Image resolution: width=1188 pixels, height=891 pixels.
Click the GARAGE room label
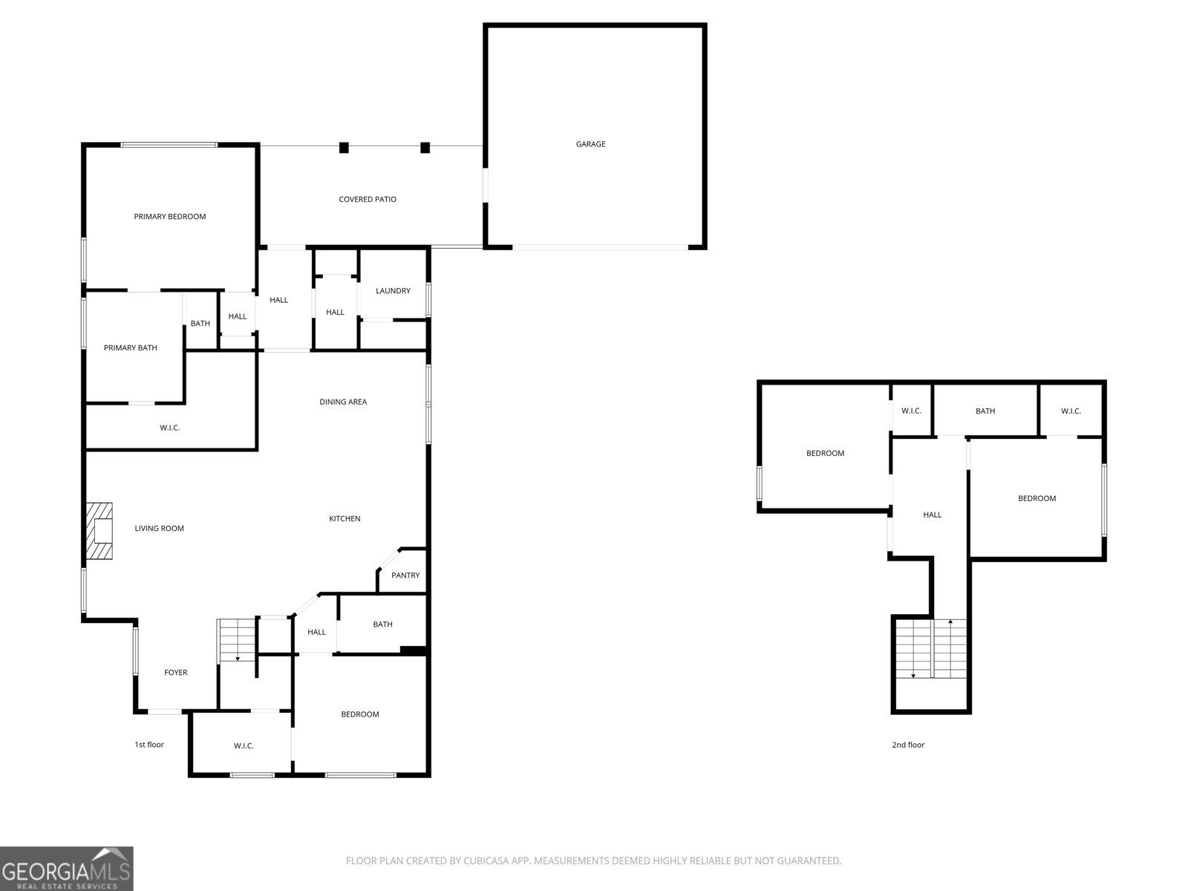pos(590,144)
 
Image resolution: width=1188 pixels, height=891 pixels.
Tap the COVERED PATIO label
pos(368,199)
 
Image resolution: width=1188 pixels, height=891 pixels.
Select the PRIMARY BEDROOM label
pos(169,217)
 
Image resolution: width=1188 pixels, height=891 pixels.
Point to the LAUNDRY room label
pos(393,291)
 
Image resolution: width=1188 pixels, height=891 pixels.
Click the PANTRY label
pos(405,575)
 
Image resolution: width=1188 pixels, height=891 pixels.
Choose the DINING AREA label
pos(343,402)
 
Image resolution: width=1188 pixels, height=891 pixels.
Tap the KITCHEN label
pos(345,519)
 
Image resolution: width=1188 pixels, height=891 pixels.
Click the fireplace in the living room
pos(99,531)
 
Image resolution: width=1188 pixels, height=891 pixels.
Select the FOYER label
pos(176,673)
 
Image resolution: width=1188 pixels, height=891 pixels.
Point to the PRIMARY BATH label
pos(131,347)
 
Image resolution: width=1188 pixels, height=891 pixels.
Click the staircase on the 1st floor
pos(237,640)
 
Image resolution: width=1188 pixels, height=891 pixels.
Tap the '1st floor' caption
pos(149,745)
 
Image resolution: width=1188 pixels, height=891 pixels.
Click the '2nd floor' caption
pos(908,745)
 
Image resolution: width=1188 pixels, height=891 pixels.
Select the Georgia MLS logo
pos(67,869)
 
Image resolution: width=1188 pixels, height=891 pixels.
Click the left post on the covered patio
pos(344,147)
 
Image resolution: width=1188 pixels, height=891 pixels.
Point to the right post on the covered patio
pos(425,147)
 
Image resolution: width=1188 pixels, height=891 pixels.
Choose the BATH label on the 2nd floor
pos(985,411)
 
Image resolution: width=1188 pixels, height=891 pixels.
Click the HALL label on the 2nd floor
pos(932,515)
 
